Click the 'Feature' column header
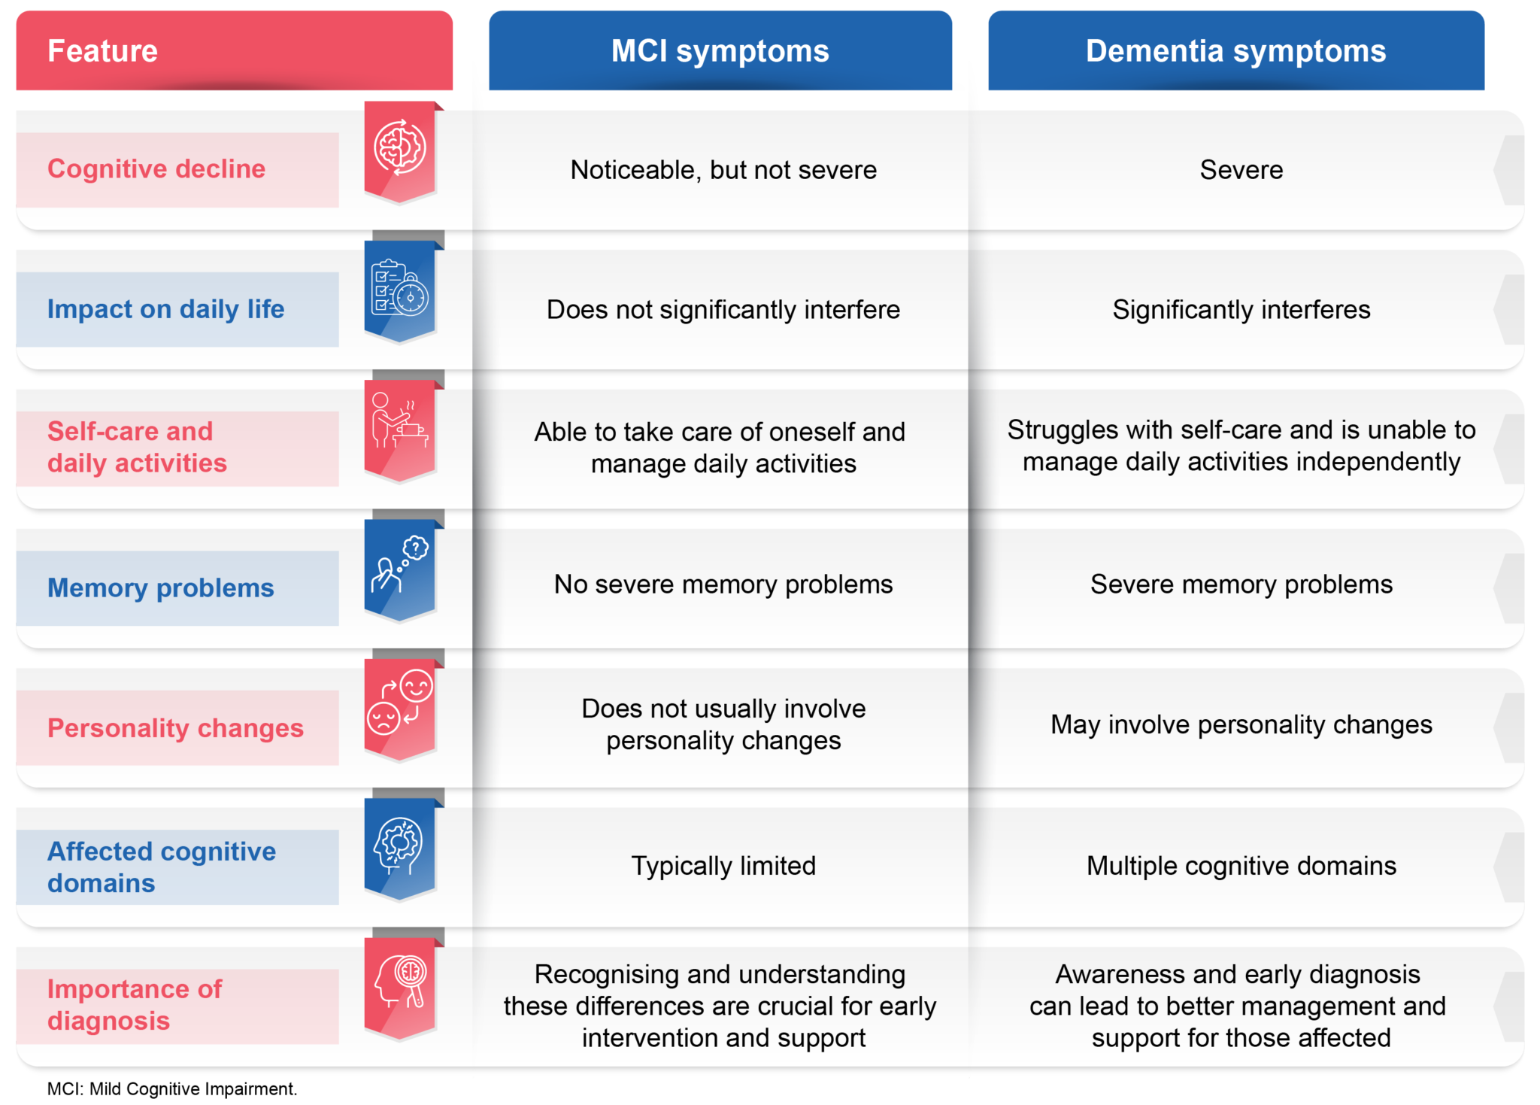103,51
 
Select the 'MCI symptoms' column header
720,51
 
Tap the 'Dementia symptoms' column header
1235,51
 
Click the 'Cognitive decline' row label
156,169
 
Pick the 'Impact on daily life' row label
165,309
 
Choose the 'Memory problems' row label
160,587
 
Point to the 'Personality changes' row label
175,727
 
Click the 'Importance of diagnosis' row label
135,1005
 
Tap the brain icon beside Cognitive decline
400,147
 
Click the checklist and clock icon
400,288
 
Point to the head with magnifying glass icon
400,982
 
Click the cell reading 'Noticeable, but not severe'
723,170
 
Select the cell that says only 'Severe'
1241,170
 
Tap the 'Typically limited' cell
723,866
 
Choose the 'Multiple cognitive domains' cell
1241,866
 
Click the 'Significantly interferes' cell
1241,310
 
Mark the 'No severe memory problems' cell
723,584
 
